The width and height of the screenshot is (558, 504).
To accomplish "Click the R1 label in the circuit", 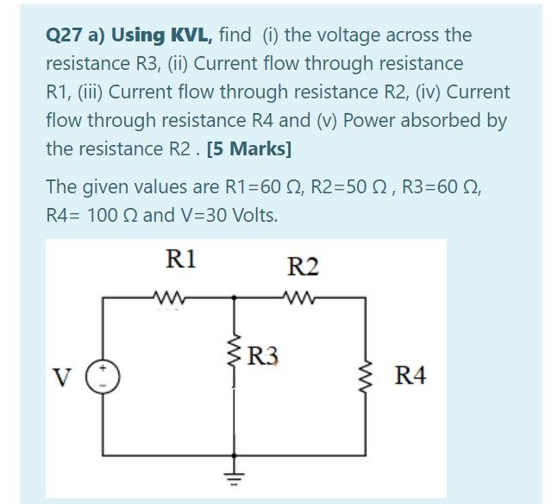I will [x=181, y=258].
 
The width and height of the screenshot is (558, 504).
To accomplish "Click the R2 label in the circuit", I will [x=303, y=266].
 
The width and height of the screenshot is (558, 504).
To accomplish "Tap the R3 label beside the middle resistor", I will [x=263, y=356].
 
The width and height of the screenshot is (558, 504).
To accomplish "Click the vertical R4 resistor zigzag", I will [x=367, y=375].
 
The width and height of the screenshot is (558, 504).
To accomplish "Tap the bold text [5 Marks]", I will [x=249, y=148].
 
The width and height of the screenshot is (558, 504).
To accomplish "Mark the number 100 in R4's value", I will [x=102, y=215].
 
